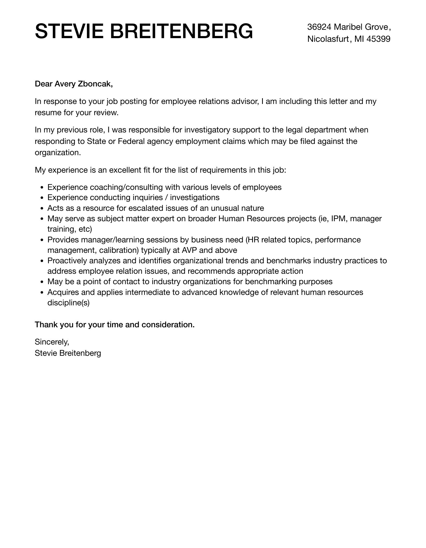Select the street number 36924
click(x=319, y=27)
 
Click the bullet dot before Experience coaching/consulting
click(x=42, y=188)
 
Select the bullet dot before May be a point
click(x=42, y=282)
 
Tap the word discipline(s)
click(x=68, y=303)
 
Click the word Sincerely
click(x=52, y=342)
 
